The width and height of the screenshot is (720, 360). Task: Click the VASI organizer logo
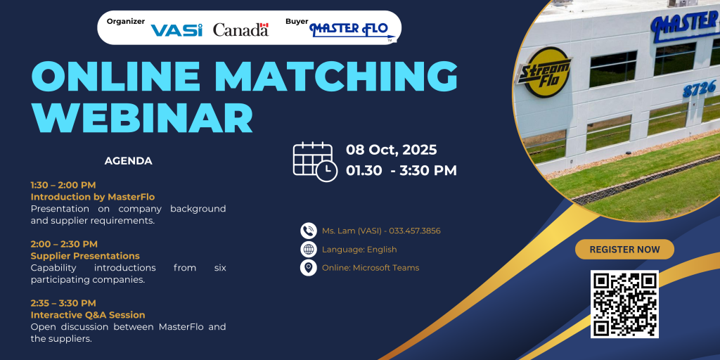176,30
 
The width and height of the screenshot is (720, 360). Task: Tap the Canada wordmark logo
240,30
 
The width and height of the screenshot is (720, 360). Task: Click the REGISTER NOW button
624,250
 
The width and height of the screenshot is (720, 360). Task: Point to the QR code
624,304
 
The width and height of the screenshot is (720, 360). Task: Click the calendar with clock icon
315,162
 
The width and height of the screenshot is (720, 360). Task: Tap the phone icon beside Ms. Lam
309,231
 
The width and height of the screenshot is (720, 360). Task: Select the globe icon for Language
309,250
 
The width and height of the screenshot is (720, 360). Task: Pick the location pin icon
309,268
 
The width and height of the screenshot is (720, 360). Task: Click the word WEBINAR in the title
142,117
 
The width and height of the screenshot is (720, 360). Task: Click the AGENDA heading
129,161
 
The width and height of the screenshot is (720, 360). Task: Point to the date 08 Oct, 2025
391,150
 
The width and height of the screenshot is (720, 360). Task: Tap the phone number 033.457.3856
415,231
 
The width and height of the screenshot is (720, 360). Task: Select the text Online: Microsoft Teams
371,268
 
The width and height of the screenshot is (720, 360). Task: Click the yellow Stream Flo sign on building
544,72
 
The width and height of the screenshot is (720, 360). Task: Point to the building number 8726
700,88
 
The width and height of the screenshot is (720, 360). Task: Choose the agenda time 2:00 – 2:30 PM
64,244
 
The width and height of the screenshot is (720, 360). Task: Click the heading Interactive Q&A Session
88,315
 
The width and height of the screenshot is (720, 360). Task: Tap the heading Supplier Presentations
85,256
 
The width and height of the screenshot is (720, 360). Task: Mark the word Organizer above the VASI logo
126,21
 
